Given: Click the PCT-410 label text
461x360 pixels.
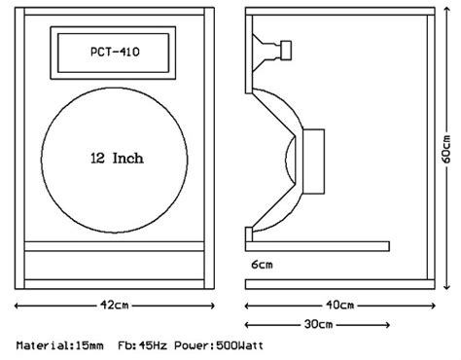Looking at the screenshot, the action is pos(115,52).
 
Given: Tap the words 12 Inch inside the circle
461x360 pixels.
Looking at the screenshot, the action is pos(117,159).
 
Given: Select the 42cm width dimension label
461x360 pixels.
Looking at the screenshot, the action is pos(114,306).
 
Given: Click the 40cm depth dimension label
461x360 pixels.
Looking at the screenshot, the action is pos(339,306).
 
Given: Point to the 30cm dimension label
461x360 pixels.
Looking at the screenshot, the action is pos(318,324).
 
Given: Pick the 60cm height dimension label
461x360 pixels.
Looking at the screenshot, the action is pos(446,149).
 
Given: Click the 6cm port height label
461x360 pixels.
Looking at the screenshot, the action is pos(262,265).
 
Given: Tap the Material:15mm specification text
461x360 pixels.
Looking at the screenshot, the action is pos(60,345).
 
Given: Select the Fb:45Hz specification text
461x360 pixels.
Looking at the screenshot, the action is pos(142,345).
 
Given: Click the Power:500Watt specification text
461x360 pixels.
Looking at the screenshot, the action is pos(219,345).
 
